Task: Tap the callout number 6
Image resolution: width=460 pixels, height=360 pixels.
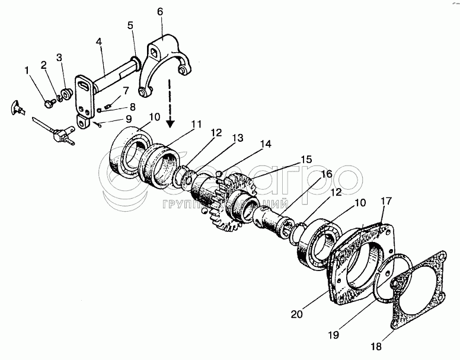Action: click(x=161, y=11)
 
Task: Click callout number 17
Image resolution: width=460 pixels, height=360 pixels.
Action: click(x=386, y=202)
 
